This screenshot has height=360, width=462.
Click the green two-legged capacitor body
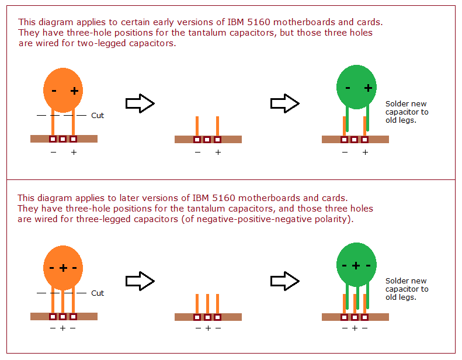[357, 87]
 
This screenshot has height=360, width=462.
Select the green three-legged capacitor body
[357, 265]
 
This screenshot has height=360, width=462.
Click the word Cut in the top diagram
[98, 116]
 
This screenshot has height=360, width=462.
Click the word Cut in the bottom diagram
[98, 293]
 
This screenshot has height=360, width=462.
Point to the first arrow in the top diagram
[140, 104]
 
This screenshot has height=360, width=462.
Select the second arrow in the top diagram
[285, 104]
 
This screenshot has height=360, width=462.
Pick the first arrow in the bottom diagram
[140, 282]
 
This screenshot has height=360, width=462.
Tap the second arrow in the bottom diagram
[285, 282]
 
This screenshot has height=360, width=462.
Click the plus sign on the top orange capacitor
[74, 91]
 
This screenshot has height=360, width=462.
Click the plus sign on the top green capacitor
[368, 88]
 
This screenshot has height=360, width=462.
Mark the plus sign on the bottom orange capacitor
[63, 268]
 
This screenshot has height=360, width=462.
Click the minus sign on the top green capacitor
[348, 88]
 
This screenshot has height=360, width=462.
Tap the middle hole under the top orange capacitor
[63, 139]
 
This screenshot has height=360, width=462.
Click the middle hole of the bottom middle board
[207, 317]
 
